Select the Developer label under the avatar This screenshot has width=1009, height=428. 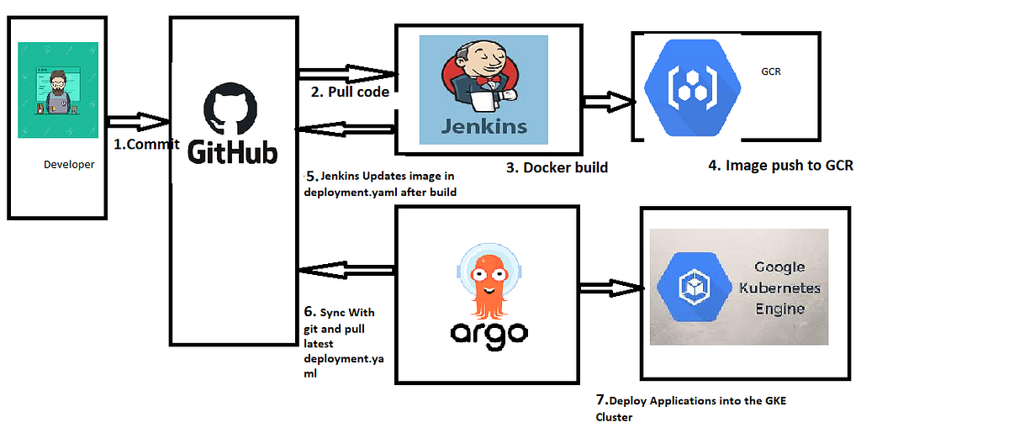(x=69, y=165)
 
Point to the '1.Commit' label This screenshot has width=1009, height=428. (x=146, y=144)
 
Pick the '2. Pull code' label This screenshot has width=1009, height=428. (x=350, y=92)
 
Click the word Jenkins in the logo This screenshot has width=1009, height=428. (x=486, y=126)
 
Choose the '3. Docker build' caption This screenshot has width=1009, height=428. (x=557, y=167)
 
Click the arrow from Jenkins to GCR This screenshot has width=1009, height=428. (x=606, y=102)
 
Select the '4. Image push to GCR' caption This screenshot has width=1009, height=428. (x=780, y=166)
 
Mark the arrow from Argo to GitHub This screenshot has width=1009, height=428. (x=346, y=270)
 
